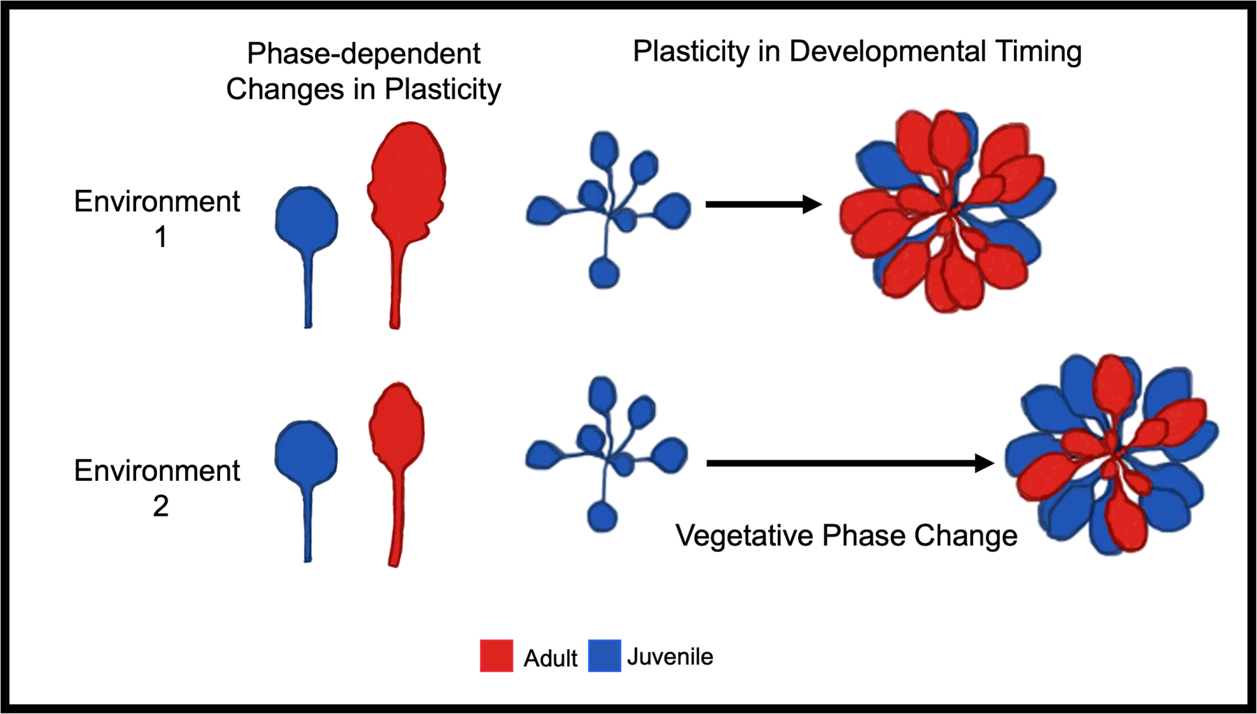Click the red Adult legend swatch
pyautogui.click(x=497, y=656)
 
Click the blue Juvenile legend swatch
pyautogui.click(x=604, y=656)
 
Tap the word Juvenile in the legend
pyautogui.click(x=670, y=657)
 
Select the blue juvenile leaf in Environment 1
pyautogui.click(x=307, y=220)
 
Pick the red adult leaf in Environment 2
pyautogui.click(x=397, y=426)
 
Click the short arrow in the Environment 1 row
pyautogui.click(x=763, y=204)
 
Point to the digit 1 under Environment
pyautogui.click(x=161, y=237)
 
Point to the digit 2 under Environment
pyautogui.click(x=161, y=506)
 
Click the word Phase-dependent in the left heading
pyautogui.click(x=363, y=54)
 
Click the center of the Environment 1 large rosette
pyautogui.click(x=951, y=209)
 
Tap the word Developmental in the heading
pyautogui.click(x=888, y=52)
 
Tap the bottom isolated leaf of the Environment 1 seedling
pyautogui.click(x=604, y=273)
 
